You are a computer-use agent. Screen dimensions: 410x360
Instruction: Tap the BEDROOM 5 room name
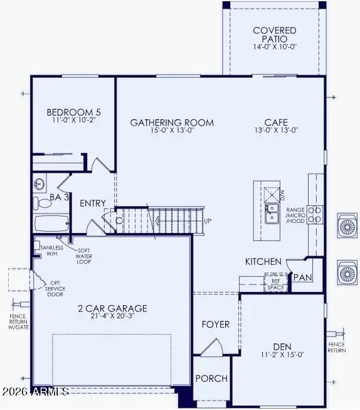pyautogui.click(x=74, y=113)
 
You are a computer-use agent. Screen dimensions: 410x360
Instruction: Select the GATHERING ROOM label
pyautogui.click(x=172, y=122)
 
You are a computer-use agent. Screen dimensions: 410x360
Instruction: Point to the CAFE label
pyautogui.click(x=277, y=122)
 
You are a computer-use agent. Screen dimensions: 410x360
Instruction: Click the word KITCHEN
pyautogui.click(x=263, y=261)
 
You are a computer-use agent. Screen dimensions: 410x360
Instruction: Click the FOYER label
pyautogui.click(x=215, y=325)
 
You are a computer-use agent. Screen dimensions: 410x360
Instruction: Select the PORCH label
pyautogui.click(x=211, y=379)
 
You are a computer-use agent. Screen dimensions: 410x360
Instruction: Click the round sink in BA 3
pyautogui.click(x=40, y=184)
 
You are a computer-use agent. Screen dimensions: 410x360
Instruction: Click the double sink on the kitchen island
pyautogui.click(x=272, y=213)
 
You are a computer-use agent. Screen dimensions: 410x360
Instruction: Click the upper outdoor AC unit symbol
pyautogui.click(x=346, y=225)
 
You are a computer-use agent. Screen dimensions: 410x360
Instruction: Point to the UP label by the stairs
pyautogui.click(x=208, y=221)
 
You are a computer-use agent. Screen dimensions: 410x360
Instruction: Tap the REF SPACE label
pyautogui.click(x=275, y=281)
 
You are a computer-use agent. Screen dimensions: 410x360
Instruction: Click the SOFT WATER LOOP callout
pyautogui.click(x=83, y=256)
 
